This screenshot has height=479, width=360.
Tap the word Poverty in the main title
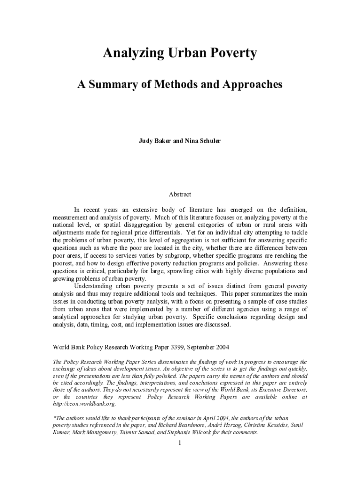tap(232, 54)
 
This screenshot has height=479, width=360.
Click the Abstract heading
tap(180, 194)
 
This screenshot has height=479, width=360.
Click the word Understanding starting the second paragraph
tap(96, 286)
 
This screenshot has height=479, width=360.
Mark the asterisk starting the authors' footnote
tap(54, 417)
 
